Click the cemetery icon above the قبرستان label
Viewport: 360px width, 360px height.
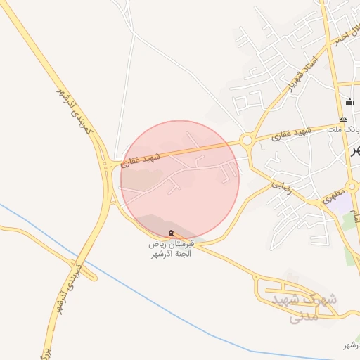169,233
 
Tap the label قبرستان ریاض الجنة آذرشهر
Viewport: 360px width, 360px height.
170,247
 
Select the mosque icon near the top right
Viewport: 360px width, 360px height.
349,101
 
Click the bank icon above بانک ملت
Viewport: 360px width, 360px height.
343,119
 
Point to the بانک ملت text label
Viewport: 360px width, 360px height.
347,129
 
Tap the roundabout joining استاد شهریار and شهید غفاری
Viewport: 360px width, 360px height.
247,141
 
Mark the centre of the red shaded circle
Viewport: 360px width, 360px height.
180,179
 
